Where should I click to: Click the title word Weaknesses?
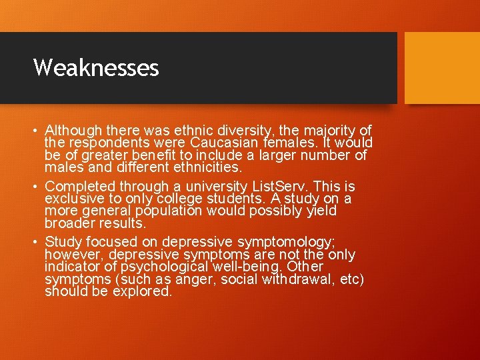(x=96, y=67)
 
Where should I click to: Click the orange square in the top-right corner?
(x=442, y=68)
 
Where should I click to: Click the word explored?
(x=143, y=291)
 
